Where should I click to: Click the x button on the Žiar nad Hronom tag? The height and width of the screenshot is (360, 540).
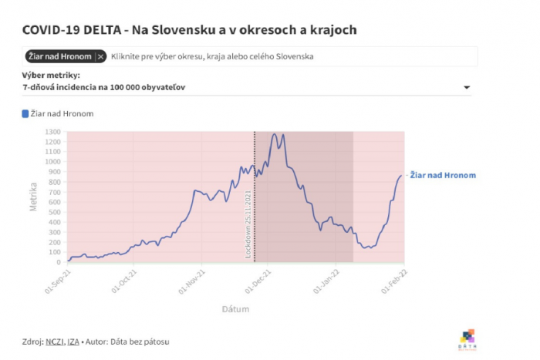[x=100, y=56]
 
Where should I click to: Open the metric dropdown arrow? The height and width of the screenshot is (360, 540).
[x=466, y=88]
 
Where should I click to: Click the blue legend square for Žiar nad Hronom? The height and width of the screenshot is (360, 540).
[x=25, y=113]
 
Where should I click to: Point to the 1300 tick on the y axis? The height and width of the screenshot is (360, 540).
[x=52, y=132]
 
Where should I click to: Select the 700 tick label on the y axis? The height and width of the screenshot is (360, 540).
[x=54, y=192]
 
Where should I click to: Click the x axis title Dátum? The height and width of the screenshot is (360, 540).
[x=235, y=309]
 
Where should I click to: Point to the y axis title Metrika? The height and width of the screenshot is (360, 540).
[x=33, y=197]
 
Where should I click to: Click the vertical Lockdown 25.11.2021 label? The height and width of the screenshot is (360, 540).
[x=248, y=224]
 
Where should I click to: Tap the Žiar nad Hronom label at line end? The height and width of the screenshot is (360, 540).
[x=442, y=176]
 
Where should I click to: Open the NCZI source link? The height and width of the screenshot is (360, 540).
[x=54, y=341]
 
